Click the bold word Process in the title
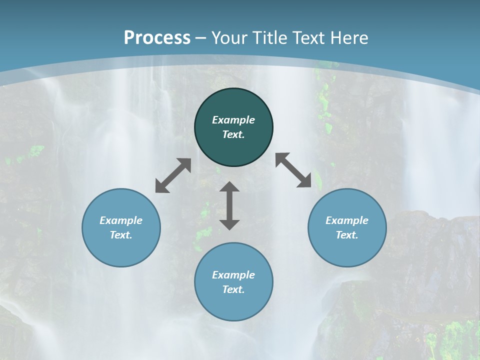pyautogui.click(x=157, y=38)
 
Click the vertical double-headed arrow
pyautogui.click(x=229, y=206)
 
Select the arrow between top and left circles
pyautogui.click(x=173, y=175)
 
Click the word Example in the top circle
pyautogui.click(x=233, y=120)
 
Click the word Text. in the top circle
pyautogui.click(x=233, y=134)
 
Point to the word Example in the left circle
pyautogui.click(x=121, y=220)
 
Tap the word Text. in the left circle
pyautogui.click(x=121, y=235)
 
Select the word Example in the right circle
pyautogui.click(x=347, y=220)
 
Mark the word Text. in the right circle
pyautogui.click(x=347, y=235)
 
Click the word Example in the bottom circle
pyautogui.click(x=233, y=275)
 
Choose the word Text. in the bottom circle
pyautogui.click(x=233, y=289)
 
